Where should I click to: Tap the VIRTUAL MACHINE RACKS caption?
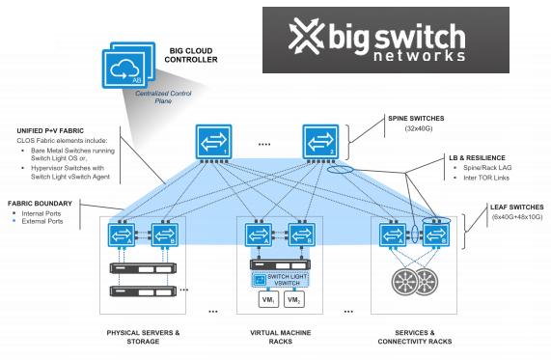277,339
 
